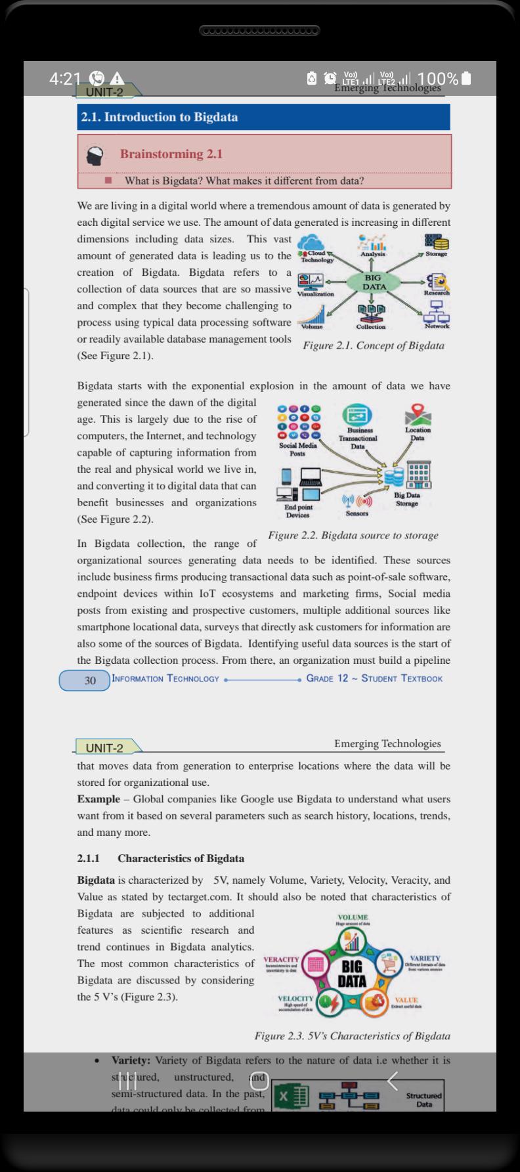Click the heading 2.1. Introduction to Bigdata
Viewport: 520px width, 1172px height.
160,118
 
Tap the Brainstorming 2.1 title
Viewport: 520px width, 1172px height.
171,154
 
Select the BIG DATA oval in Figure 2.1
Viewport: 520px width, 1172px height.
374,283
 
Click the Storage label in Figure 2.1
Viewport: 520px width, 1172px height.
436,254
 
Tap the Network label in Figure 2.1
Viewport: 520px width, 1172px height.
437,326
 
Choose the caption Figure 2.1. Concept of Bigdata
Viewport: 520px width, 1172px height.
373,346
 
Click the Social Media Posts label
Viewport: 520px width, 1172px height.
298,449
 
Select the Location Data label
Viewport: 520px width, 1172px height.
418,434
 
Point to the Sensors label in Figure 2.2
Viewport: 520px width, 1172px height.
357,513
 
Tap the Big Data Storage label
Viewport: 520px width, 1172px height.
407,500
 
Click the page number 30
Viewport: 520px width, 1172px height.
90,681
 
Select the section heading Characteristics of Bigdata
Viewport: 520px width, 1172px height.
181,858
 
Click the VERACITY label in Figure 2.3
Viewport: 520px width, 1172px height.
281,959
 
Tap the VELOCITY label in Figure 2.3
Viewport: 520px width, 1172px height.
295,998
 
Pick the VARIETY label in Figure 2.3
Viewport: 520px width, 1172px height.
425,959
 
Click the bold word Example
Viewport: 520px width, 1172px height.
98,799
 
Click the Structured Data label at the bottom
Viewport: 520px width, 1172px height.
423,1099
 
